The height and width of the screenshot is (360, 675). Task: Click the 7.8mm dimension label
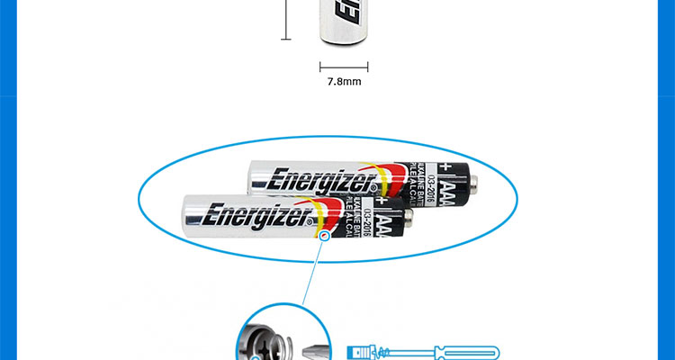[x=344, y=82]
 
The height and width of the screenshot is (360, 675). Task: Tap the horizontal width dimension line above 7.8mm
[x=344, y=65]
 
